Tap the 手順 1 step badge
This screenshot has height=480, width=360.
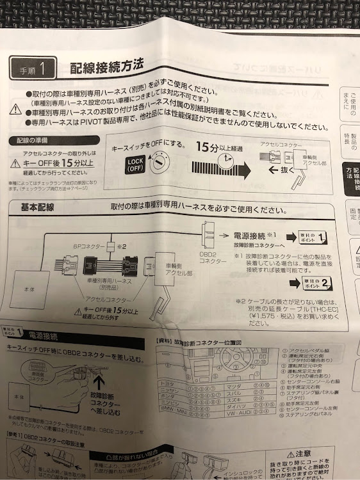point(34,67)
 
